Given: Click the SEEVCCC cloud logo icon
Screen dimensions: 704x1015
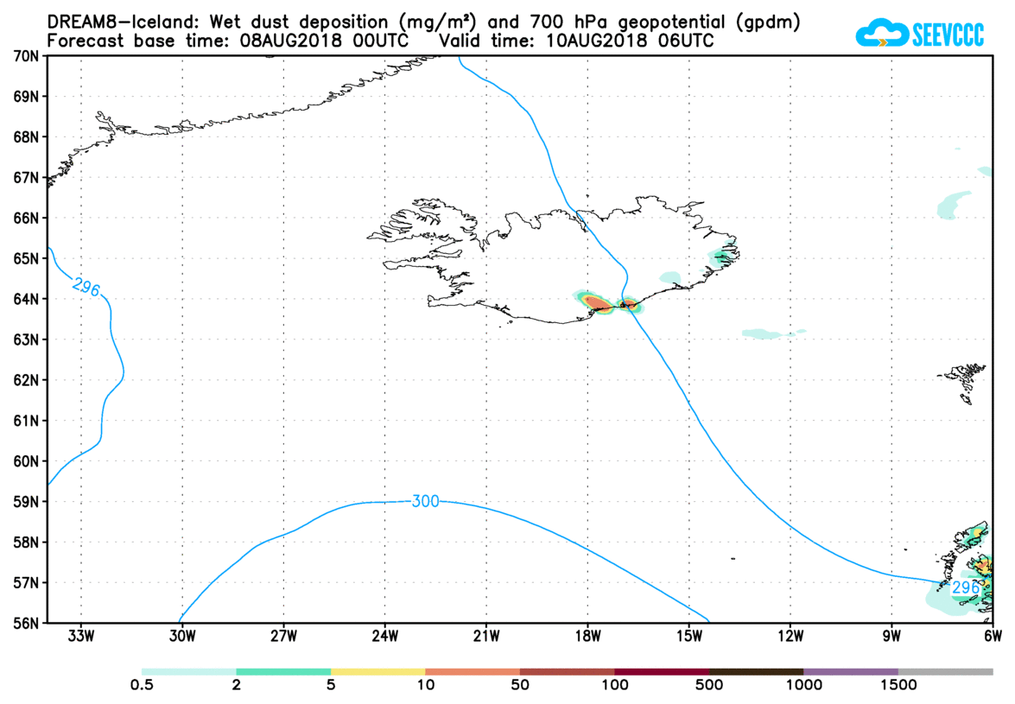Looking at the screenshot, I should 880,34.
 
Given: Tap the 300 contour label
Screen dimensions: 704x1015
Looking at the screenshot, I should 425,501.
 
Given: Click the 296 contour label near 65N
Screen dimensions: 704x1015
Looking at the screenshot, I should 86,287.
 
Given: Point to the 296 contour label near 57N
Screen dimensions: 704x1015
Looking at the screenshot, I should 965,587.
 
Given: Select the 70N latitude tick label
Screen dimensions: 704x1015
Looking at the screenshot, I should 25,56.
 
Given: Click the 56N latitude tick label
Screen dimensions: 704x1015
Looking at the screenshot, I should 25,623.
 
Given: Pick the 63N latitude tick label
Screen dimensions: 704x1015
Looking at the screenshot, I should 25,339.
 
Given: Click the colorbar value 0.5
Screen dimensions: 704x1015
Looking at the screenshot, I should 142,686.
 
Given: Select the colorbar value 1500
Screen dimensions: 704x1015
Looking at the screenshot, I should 898,686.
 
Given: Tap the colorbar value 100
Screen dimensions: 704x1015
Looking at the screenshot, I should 614,686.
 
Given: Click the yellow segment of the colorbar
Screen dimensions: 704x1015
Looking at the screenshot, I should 377,671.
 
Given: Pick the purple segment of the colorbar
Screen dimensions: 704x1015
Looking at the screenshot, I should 851,671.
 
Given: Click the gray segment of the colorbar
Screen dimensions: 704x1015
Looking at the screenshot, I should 945,671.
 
